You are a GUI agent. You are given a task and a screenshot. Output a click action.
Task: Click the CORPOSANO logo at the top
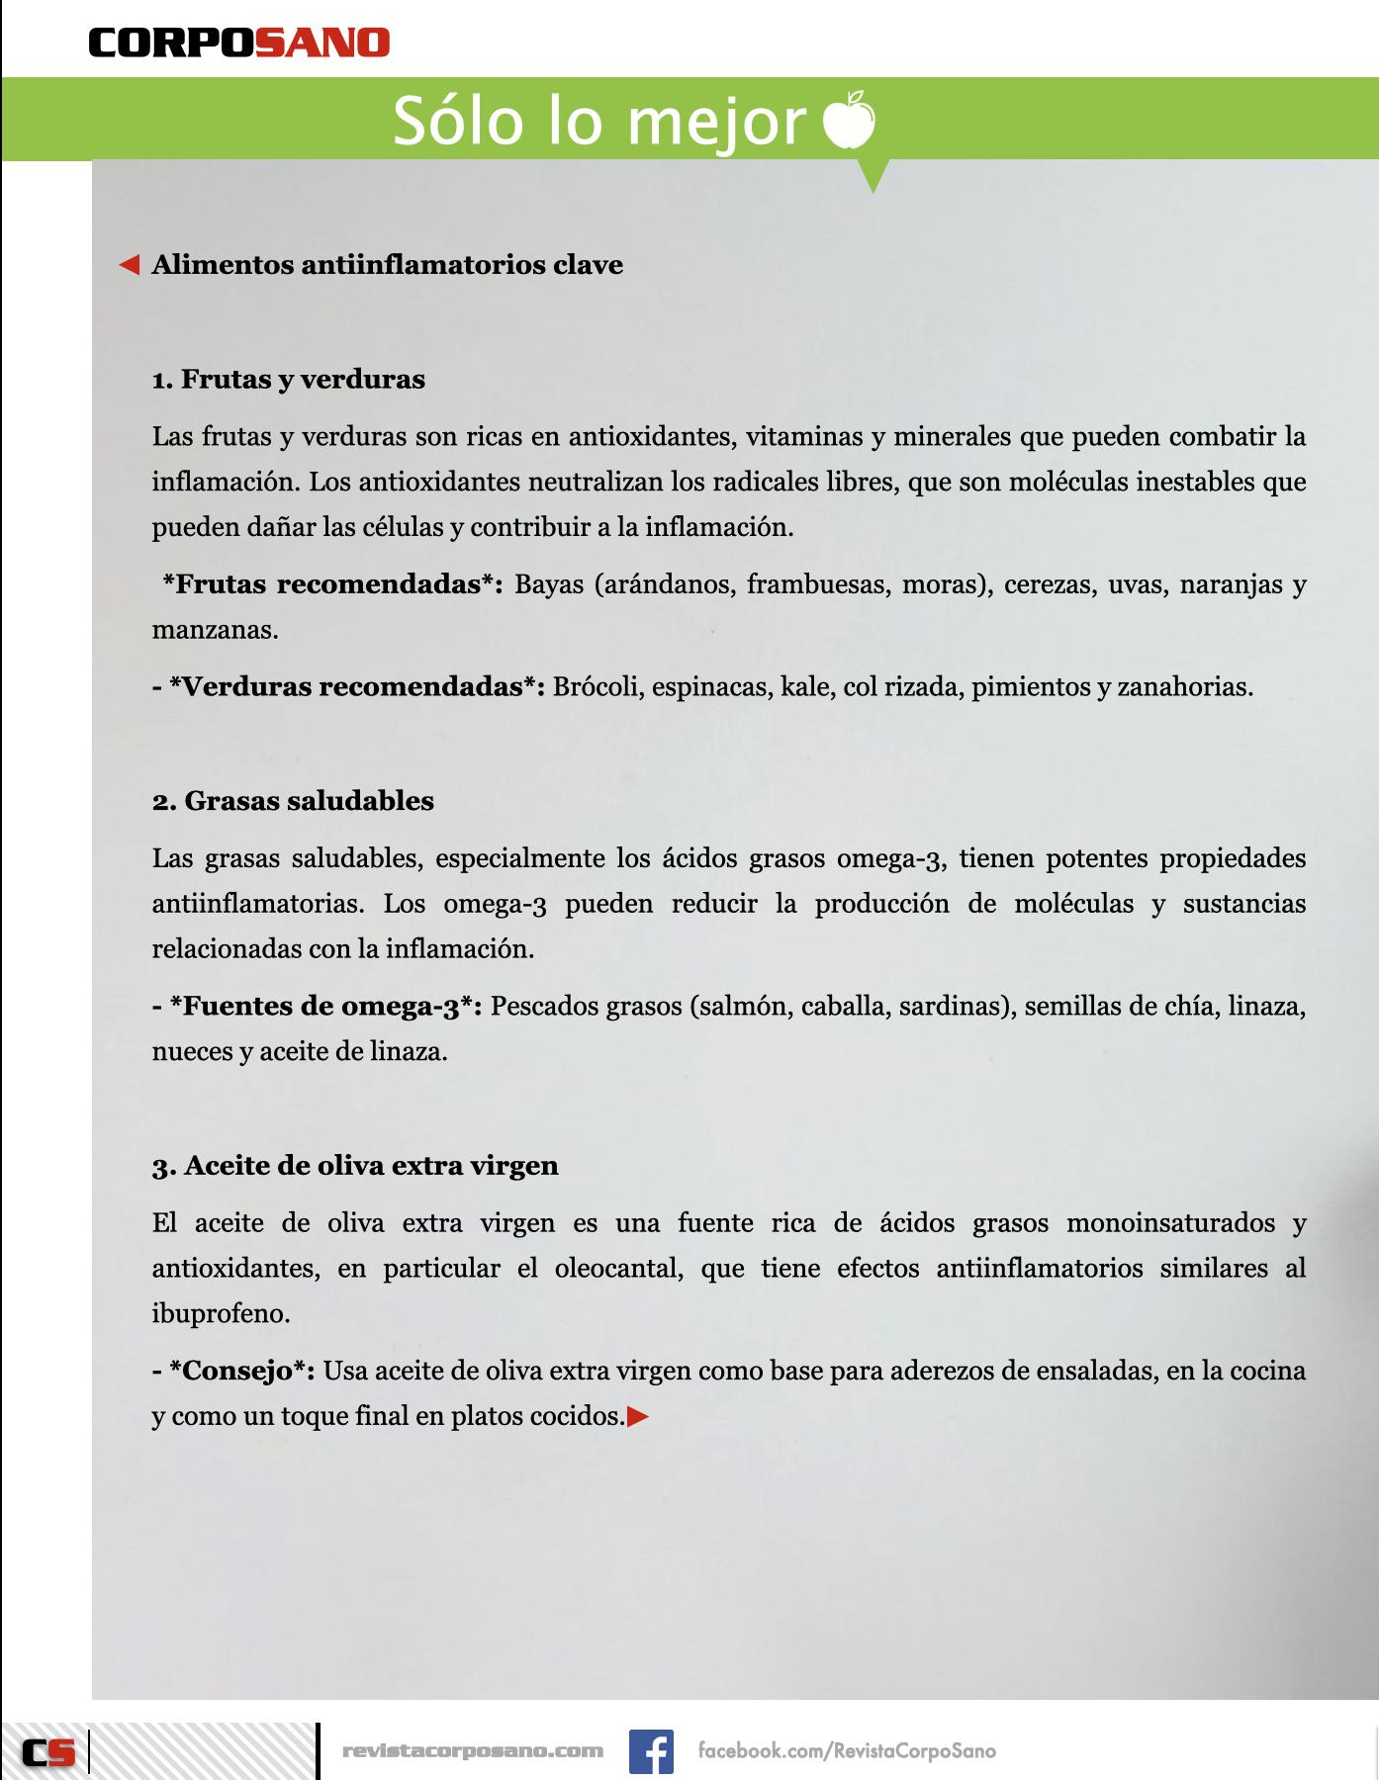[238, 43]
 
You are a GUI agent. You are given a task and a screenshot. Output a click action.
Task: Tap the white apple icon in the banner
[849, 120]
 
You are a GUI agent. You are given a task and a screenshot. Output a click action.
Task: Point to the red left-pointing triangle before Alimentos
[129, 265]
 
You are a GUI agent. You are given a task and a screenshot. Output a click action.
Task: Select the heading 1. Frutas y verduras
[289, 379]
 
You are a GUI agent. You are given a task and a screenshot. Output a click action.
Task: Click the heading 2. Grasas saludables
[293, 800]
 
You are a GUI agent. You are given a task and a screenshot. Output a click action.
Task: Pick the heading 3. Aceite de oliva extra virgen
[355, 1165]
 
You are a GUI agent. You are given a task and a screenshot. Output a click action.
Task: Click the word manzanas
[214, 630]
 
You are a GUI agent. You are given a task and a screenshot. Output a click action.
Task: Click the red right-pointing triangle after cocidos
[638, 1417]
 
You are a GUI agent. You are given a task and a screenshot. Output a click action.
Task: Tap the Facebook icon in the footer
[651, 1750]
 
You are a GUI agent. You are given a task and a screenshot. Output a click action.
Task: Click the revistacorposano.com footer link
[472, 1750]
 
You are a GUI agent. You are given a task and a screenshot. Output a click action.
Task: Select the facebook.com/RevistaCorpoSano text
[847, 1750]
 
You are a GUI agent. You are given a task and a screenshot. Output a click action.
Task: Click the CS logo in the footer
[48, 1752]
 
